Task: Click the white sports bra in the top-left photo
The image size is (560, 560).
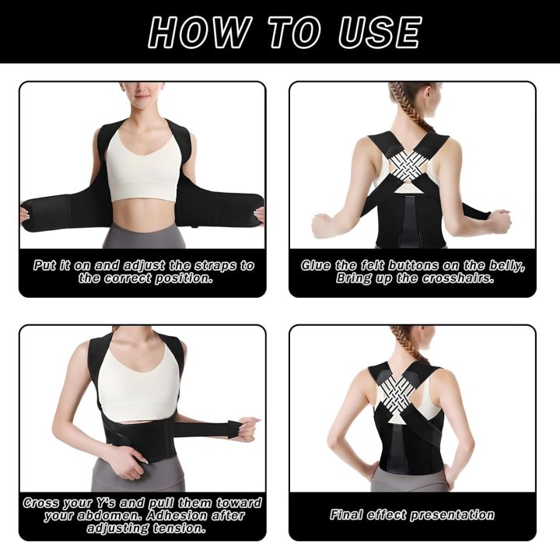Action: coord(143,166)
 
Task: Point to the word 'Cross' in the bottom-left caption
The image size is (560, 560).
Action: coord(44,502)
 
